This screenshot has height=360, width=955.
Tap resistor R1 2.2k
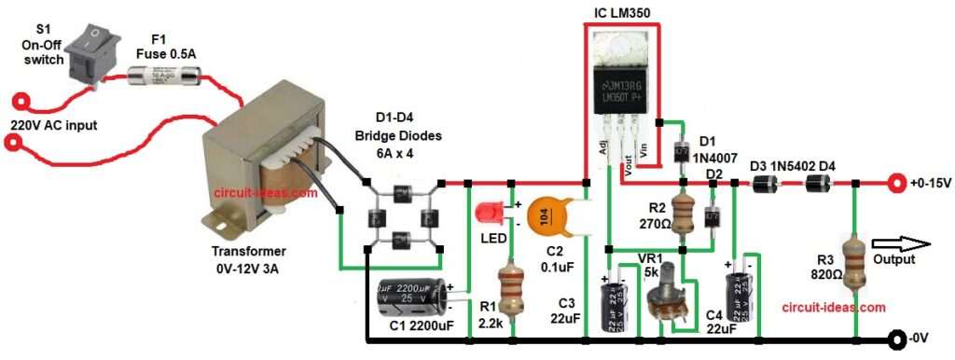click(x=509, y=288)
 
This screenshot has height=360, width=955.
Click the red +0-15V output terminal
click(x=898, y=183)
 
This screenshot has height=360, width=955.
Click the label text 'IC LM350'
click(x=622, y=11)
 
